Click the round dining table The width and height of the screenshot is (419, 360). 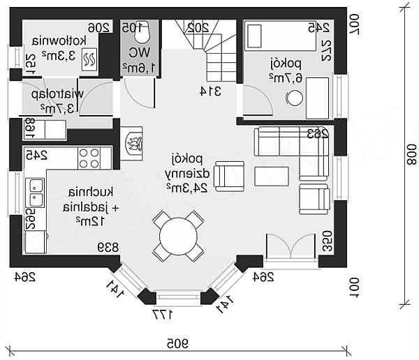pyautogui.click(x=178, y=237)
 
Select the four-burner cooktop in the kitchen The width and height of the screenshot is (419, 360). pyautogui.click(x=89, y=158)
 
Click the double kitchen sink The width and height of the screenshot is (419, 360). pyautogui.click(x=35, y=193)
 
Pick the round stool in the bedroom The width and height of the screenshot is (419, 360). pyautogui.click(x=295, y=98)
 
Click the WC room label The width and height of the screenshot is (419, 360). pyautogui.click(x=133, y=59)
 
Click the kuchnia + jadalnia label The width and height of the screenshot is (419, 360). pyautogui.click(x=82, y=207)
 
